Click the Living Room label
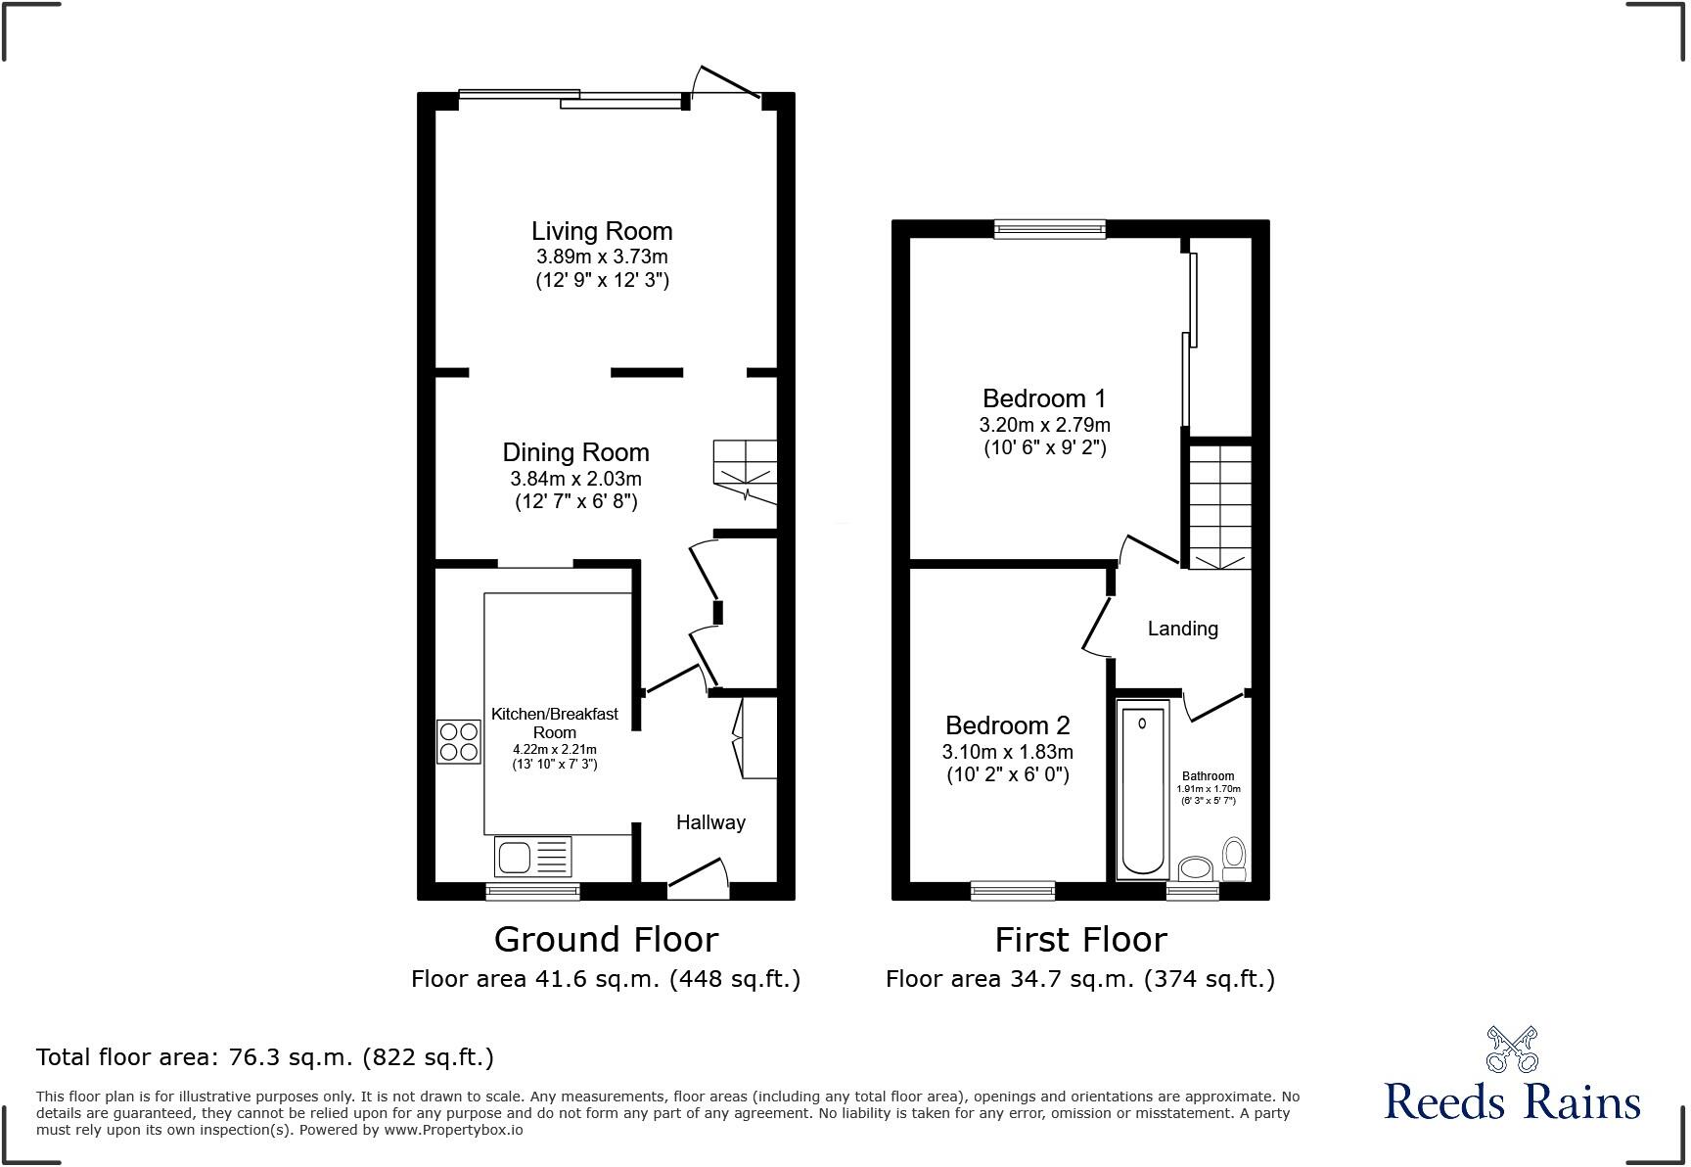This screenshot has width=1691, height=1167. click(x=602, y=231)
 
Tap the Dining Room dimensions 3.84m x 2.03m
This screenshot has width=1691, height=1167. click(x=575, y=479)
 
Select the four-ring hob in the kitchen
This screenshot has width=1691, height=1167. click(x=458, y=741)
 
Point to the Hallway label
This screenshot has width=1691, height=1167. click(x=710, y=822)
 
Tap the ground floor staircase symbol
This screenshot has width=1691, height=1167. click(x=745, y=470)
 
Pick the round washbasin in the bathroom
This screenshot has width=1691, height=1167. click(x=1195, y=867)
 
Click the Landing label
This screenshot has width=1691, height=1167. click(x=1182, y=629)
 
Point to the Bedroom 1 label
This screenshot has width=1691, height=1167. click(x=1044, y=398)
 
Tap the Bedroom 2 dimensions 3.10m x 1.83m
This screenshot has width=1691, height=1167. click(x=1007, y=752)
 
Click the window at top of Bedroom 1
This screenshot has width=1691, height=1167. click(x=1049, y=229)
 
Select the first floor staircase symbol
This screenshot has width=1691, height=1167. click(x=1219, y=506)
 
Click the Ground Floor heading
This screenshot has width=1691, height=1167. click(x=606, y=939)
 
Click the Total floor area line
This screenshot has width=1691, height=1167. click(x=264, y=1057)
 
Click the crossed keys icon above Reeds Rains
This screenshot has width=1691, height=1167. click(x=1511, y=1050)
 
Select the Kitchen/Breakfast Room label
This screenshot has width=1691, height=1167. click(x=554, y=723)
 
